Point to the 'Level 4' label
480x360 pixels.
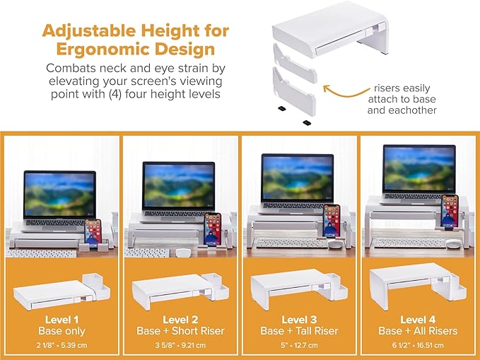pyautogui.click(x=418, y=320)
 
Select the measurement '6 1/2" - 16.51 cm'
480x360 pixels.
pyautogui.click(x=418, y=346)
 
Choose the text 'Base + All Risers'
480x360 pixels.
pyautogui.click(x=418, y=331)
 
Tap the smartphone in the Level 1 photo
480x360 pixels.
pyautogui.click(x=93, y=232)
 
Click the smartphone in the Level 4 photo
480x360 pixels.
pyautogui.click(x=450, y=209)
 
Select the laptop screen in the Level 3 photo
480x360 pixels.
pyautogui.click(x=298, y=178)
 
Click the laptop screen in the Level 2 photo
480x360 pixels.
pyautogui.click(x=178, y=186)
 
